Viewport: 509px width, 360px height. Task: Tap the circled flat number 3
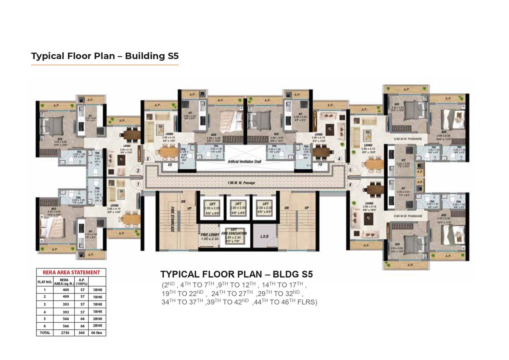tap(148, 159)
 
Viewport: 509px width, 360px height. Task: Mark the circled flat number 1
tap(138, 184)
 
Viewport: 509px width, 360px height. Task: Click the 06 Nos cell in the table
tap(98, 333)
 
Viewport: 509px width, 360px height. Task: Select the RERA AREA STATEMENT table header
tap(71, 272)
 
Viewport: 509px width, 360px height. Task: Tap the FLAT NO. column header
tap(45, 281)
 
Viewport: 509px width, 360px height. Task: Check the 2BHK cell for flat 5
tap(98, 318)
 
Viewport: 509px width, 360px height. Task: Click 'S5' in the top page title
tap(170, 56)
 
